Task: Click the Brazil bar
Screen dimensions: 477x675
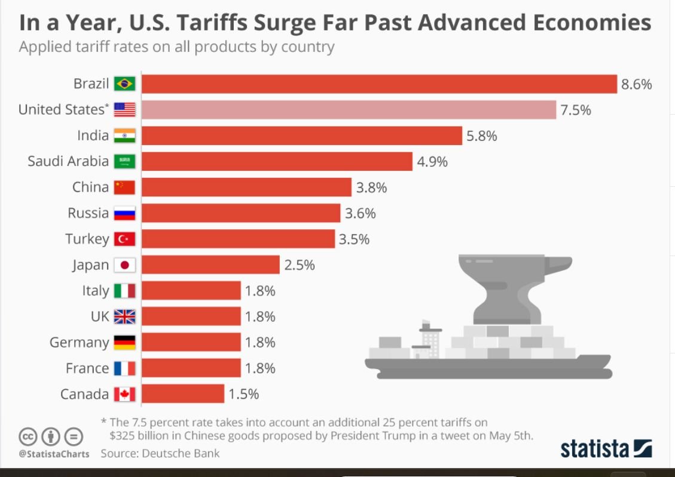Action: click(x=379, y=84)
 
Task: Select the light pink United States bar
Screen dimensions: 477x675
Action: click(x=349, y=110)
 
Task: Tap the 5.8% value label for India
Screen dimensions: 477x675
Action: click(x=482, y=136)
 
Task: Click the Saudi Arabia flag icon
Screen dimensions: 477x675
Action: click(x=124, y=161)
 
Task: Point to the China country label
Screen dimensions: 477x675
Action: click(x=90, y=187)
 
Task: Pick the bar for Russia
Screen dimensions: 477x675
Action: click(x=241, y=213)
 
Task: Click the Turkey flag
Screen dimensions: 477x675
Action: click(x=124, y=239)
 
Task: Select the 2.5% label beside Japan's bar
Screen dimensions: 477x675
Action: click(x=300, y=264)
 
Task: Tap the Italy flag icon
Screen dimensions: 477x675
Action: click(x=124, y=291)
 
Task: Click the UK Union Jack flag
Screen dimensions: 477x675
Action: click(x=124, y=316)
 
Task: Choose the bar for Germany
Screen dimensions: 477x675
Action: click(x=191, y=342)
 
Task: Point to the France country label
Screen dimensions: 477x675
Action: click(x=87, y=368)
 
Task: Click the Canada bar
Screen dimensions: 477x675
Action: click(x=183, y=394)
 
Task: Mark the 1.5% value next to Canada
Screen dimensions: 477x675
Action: click(x=243, y=394)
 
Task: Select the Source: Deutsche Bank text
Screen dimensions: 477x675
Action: click(x=160, y=453)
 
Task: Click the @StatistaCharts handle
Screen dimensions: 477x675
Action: click(x=54, y=454)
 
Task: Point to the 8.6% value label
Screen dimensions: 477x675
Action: click(x=636, y=84)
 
